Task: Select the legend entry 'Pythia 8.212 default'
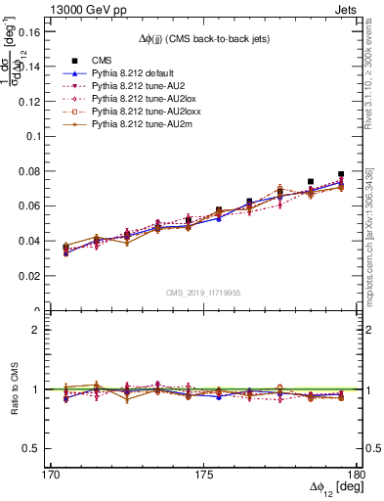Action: click(x=111, y=73)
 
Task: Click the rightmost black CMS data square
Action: click(x=341, y=175)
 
